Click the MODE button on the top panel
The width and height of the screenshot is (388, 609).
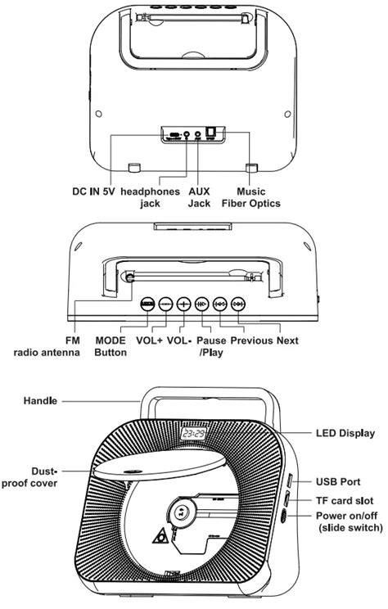pos(147,303)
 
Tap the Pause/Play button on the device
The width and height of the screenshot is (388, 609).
pos(201,303)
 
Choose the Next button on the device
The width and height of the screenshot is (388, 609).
pos(238,303)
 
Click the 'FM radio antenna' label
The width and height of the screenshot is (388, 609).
pos(47,346)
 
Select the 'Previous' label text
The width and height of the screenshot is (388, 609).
pos(253,341)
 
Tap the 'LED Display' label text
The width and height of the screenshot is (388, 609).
pos(345,433)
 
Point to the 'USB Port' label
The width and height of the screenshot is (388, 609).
pos(339,482)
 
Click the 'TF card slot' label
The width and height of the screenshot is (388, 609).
pos(345,500)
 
